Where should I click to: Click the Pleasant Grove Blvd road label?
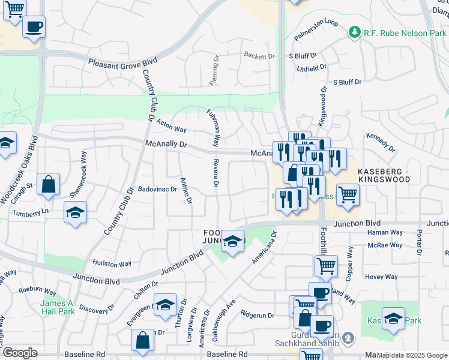coord(122,62)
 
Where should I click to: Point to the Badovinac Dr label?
coord(157,189)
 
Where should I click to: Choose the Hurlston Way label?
coord(112,263)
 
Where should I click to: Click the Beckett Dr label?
coord(259,56)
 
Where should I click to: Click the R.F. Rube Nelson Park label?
coord(405,32)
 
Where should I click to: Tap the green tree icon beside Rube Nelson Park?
coord(355,32)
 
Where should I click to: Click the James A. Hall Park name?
coord(58,307)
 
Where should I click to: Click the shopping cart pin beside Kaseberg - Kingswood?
coord(348,195)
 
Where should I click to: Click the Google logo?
coord(20,353)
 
